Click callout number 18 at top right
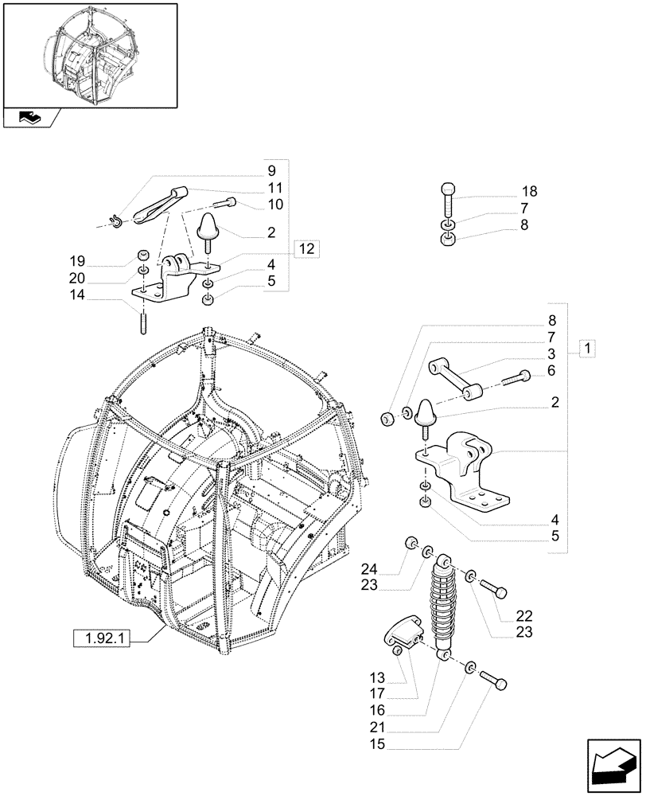pos(530,192)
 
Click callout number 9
pos(271,170)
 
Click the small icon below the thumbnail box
pos(31,118)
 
